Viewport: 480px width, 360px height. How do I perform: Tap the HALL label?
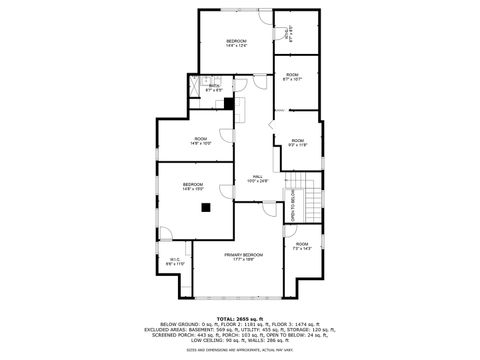(258, 179)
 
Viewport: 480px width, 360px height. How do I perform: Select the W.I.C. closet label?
(176, 262)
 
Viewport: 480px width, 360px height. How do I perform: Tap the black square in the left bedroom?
(206, 208)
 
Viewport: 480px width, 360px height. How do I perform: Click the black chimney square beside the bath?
(229, 102)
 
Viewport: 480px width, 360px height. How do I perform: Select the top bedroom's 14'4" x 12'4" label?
(236, 43)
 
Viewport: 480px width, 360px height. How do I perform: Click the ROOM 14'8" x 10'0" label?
(201, 141)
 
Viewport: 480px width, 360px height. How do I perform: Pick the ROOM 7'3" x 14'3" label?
(302, 246)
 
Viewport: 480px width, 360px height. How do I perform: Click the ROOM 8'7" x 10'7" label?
(292, 77)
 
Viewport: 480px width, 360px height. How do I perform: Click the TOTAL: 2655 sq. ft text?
(241, 319)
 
